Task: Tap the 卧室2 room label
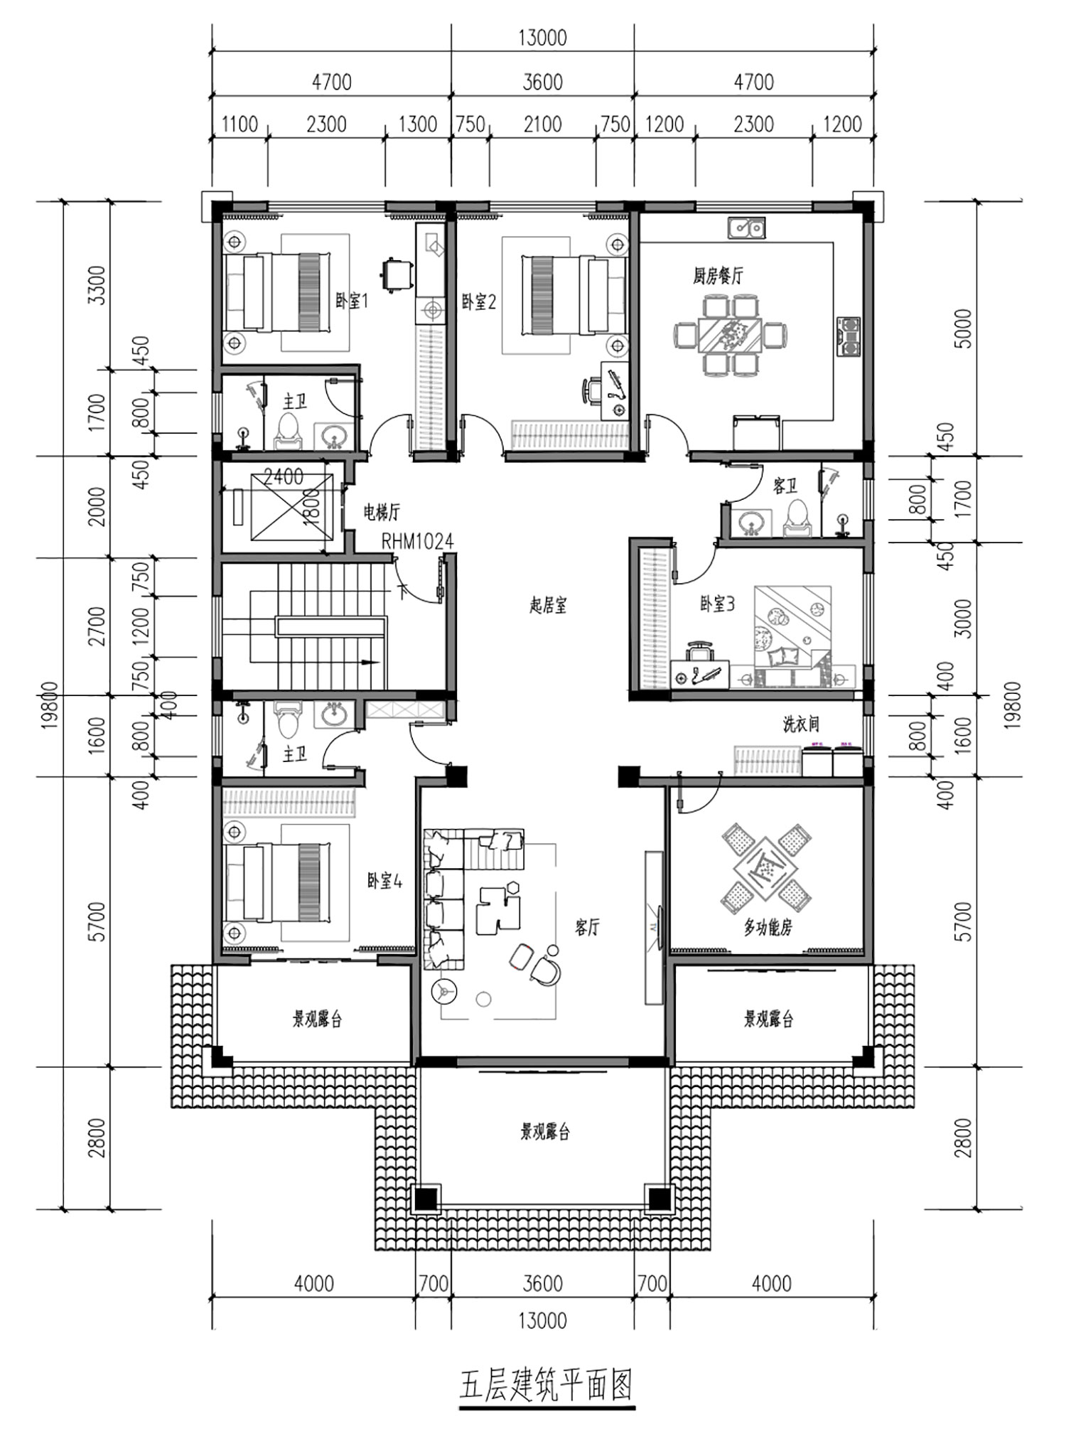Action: [x=478, y=301]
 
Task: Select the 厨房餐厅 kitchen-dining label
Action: [x=718, y=275]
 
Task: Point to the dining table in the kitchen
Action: [x=730, y=333]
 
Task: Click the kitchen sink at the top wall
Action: [x=746, y=228]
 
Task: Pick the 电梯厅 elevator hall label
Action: [x=382, y=511]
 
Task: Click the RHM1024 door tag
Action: [x=417, y=542]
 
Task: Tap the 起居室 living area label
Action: [x=548, y=605]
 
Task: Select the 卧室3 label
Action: [x=717, y=604]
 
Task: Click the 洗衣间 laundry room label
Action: [x=801, y=724]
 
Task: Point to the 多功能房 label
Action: [x=768, y=927]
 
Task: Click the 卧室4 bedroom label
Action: [x=384, y=881]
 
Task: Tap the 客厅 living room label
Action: [x=587, y=927]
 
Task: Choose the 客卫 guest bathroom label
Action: [x=785, y=486]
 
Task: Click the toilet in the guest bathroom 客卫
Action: [x=797, y=517]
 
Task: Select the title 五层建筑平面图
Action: [x=546, y=1384]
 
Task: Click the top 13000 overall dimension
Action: [x=542, y=38]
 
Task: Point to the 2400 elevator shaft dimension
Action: [x=283, y=476]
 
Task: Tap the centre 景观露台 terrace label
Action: [x=544, y=1132]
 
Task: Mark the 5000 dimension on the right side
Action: [x=964, y=328]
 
